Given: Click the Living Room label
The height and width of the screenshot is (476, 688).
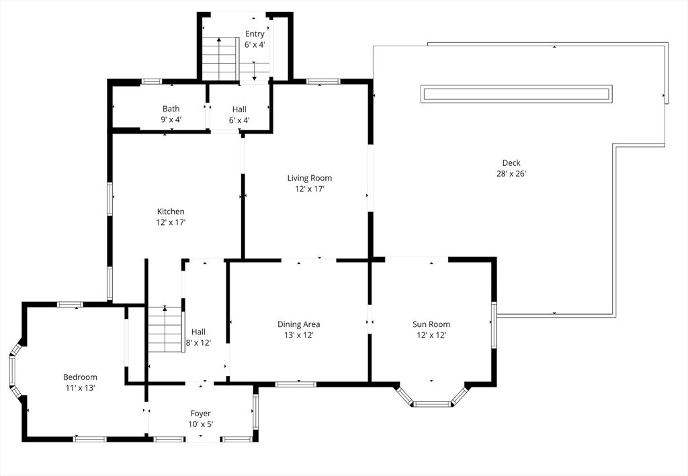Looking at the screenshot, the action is [309, 178].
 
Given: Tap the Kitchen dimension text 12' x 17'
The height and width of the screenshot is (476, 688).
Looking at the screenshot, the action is [171, 222].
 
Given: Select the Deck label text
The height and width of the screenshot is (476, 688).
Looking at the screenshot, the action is [511, 163].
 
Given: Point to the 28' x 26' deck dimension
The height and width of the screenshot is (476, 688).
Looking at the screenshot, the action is [511, 174].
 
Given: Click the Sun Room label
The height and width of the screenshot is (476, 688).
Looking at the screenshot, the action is [431, 324].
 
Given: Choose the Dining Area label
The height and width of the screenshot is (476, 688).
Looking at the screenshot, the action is [298, 324].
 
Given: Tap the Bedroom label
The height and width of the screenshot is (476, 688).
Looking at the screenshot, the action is [80, 377].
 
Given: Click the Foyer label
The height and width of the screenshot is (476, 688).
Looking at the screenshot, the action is [200, 414].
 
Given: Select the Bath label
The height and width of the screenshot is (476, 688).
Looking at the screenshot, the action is [171, 109].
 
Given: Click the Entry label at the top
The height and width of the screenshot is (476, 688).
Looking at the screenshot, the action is [255, 34].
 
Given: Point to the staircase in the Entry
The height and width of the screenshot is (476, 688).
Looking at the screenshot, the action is [220, 58].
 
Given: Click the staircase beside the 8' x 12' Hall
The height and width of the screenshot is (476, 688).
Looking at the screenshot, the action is [165, 329].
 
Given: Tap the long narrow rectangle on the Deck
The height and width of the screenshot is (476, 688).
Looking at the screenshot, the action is [517, 94].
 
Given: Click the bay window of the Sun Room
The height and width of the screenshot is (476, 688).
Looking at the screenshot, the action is [432, 397].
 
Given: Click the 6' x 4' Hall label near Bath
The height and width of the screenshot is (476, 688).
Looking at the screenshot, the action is [239, 114].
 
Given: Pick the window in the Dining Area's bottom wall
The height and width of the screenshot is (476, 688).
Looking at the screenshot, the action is [296, 385].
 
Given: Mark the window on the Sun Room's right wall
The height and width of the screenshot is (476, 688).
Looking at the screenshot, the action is [494, 324].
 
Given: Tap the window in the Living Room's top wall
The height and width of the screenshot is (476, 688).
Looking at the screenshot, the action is [323, 81].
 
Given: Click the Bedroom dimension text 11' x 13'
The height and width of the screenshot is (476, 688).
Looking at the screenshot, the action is [81, 387].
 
